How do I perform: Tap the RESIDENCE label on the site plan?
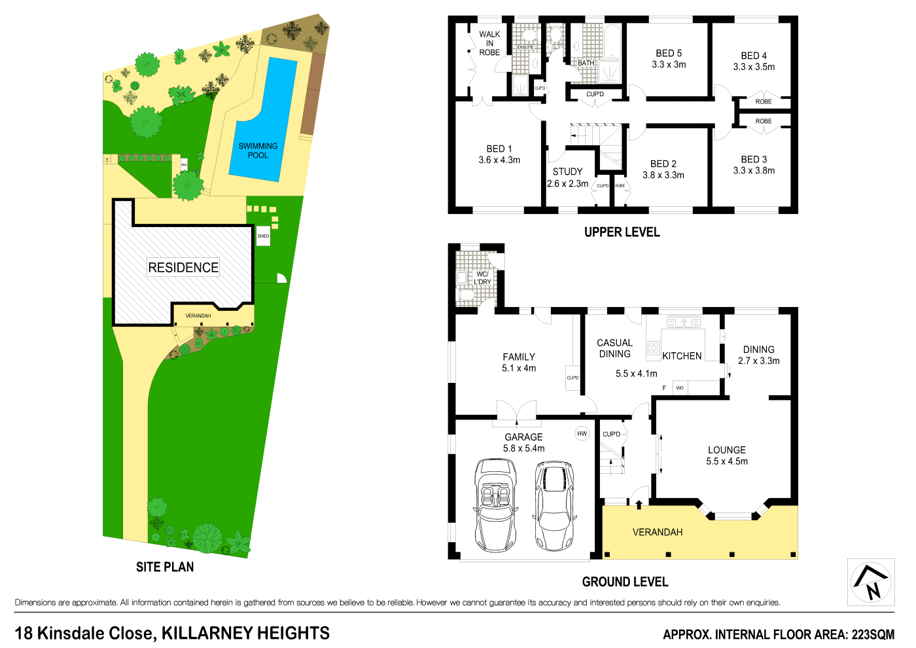pos(183,267)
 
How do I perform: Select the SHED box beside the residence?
pos(263,236)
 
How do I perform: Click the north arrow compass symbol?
pos(871,582)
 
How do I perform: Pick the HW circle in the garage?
pos(582,433)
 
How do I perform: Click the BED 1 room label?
pos(499,154)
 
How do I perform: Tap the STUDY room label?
pos(567,171)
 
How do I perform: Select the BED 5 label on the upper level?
pos(669,53)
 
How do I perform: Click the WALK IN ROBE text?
pos(489,43)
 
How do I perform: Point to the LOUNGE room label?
pos(726,450)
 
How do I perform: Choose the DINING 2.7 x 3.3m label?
pos(758,355)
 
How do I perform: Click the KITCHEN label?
pos(682,356)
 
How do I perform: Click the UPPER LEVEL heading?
pos(622,232)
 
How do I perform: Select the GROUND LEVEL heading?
pos(625,582)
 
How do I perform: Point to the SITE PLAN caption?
pos(165,567)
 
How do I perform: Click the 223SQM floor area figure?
pos(872,634)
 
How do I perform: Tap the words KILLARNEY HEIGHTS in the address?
pos(245,633)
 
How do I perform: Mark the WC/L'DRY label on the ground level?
pos(482,278)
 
